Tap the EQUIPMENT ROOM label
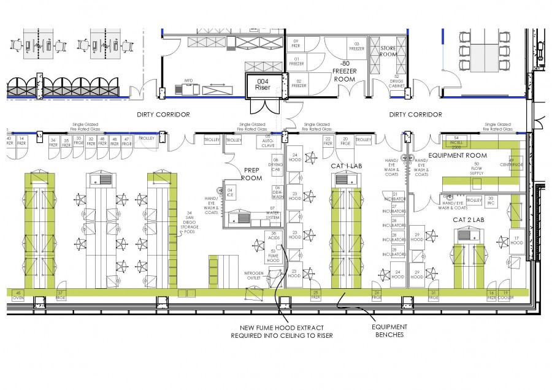457,156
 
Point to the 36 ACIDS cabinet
273,236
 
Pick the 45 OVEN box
18,295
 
